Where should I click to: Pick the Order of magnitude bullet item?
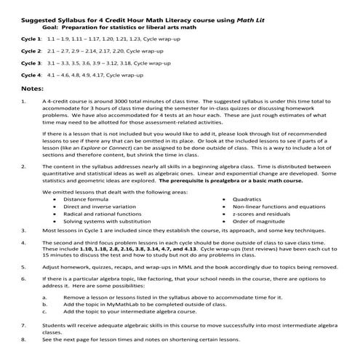(255, 220)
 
